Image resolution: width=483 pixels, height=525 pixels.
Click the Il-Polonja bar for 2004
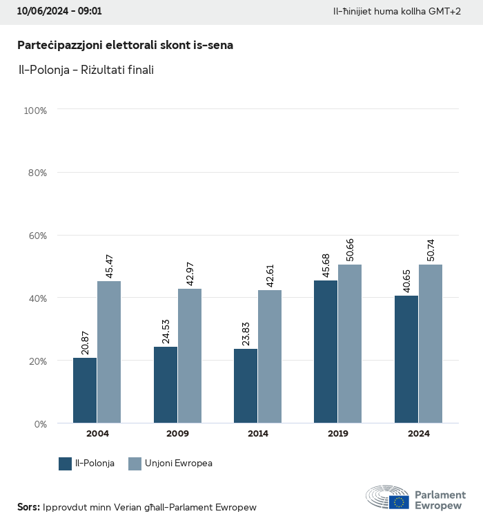click(85, 390)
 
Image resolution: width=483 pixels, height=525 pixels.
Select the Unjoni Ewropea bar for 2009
click(190, 356)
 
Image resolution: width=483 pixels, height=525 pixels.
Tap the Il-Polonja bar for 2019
click(326, 352)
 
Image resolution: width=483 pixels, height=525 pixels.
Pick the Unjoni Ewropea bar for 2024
click(431, 343)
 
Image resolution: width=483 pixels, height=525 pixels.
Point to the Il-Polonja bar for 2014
click(246, 385)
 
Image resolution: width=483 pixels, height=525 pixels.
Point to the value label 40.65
click(406, 279)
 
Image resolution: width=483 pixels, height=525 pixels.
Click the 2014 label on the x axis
click(258, 434)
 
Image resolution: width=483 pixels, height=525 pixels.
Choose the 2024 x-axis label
click(419, 434)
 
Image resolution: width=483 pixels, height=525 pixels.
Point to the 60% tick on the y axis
click(36, 236)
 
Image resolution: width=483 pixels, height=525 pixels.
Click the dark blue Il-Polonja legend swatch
click(66, 464)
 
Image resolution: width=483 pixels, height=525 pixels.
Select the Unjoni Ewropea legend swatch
click(135, 464)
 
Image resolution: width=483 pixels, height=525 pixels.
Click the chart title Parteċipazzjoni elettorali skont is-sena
click(125, 45)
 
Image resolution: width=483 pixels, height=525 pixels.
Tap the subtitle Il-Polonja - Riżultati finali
click(86, 70)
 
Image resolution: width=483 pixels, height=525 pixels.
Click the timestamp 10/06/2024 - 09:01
click(59, 12)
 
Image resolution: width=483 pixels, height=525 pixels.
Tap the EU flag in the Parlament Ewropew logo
click(399, 502)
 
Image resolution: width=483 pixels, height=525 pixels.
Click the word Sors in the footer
click(28, 507)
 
